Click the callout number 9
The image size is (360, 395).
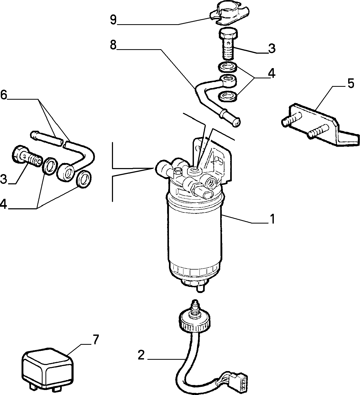[x=113, y=20]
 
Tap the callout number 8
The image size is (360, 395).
[x=113, y=45]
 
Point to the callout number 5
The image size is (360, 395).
[x=351, y=83]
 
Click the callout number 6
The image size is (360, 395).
[x=3, y=95]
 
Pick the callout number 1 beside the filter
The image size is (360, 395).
[x=272, y=219]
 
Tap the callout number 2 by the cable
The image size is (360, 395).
[x=141, y=356]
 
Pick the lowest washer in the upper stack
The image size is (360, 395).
[x=228, y=96]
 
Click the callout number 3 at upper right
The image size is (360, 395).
[x=272, y=48]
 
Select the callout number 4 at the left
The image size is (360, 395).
[x=3, y=204]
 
